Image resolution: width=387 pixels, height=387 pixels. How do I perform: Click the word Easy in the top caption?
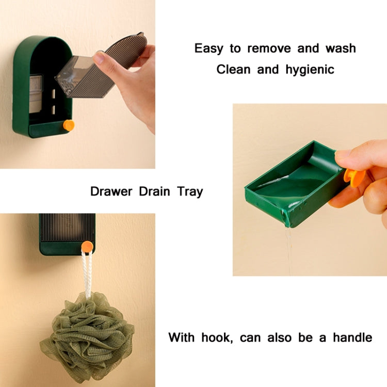click(x=209, y=49)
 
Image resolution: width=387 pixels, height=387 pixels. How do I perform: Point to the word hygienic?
click(x=310, y=69)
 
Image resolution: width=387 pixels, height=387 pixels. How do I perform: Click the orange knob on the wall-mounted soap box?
click(x=69, y=125)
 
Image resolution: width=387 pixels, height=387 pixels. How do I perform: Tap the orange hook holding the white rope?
click(x=87, y=247)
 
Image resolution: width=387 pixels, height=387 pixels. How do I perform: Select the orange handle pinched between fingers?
click(x=353, y=178)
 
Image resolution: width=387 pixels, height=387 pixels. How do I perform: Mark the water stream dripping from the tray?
click(x=288, y=248)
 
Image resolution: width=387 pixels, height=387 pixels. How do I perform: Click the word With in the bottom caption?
click(x=182, y=337)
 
